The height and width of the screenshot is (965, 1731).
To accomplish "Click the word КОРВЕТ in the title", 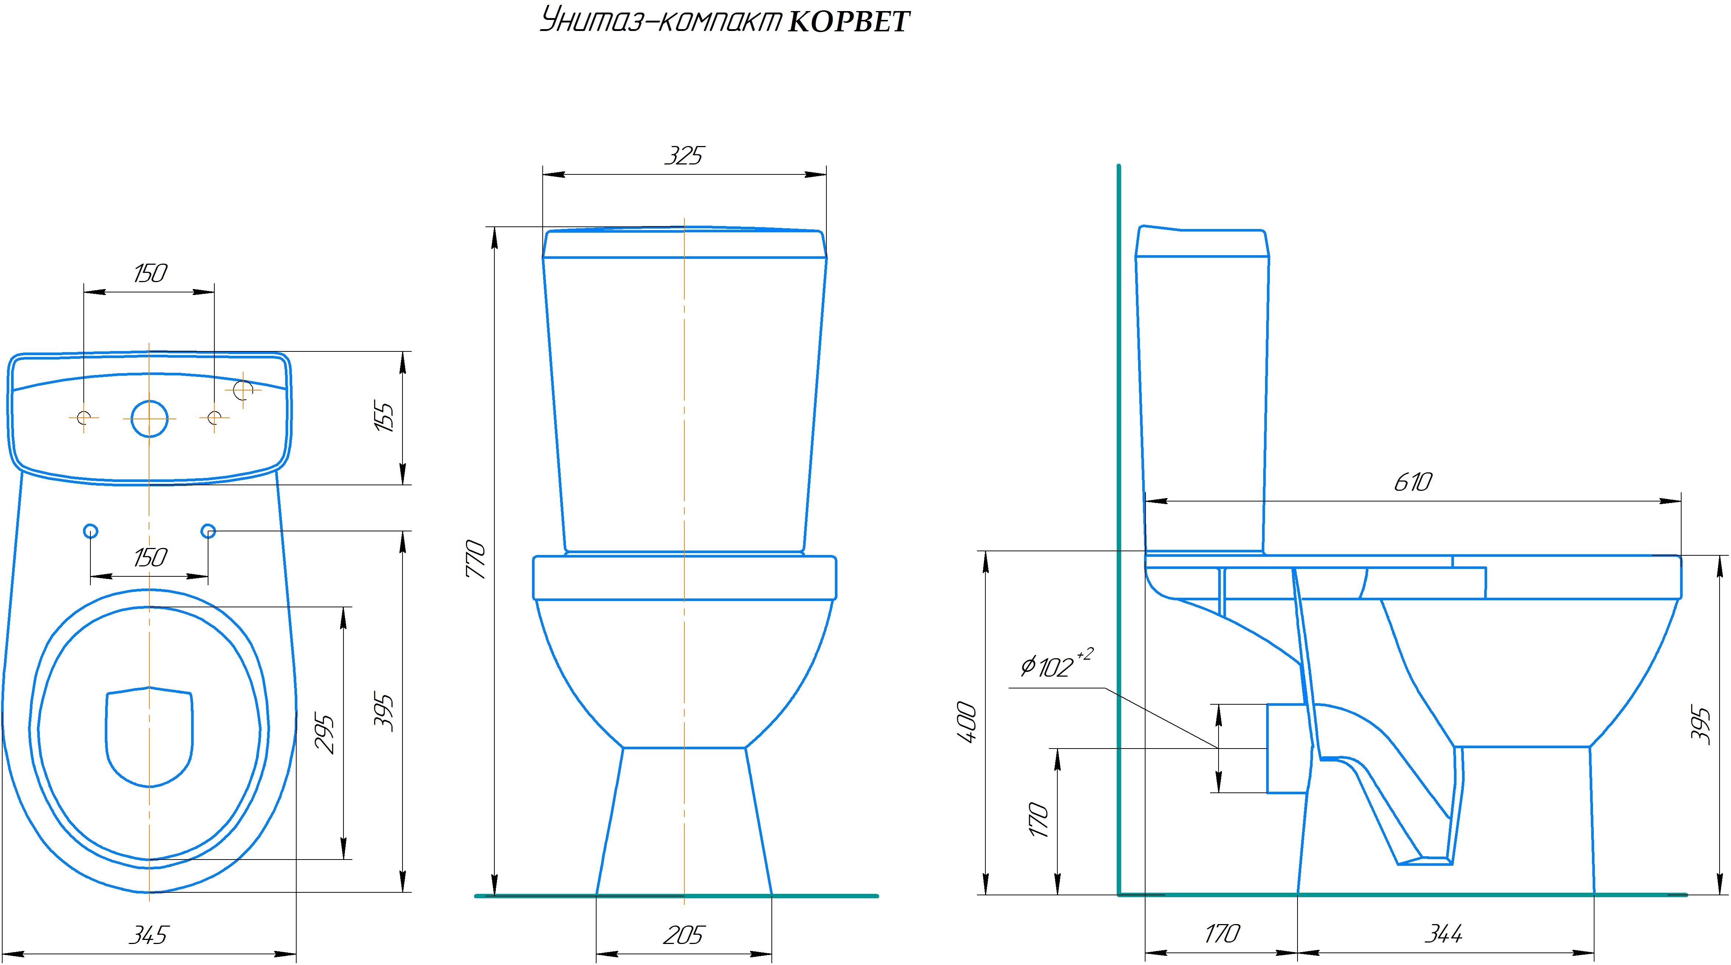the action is click(848, 21).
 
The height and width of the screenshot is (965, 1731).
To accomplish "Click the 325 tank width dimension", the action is click(683, 156).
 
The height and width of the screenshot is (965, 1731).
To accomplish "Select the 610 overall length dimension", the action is click(1413, 482).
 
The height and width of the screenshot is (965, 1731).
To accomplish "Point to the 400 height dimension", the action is click(966, 722).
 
